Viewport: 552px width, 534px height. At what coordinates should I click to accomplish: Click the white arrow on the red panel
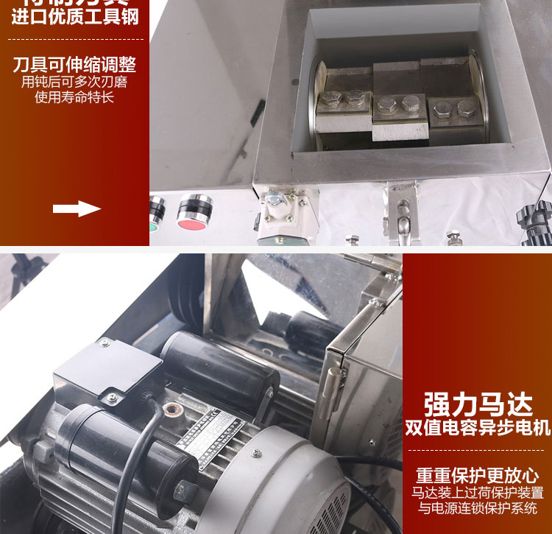[77, 208]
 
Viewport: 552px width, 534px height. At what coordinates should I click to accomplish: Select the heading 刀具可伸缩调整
[75, 64]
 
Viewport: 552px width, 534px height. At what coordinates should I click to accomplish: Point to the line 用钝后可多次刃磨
[75, 81]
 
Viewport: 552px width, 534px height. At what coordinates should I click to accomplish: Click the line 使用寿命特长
[75, 96]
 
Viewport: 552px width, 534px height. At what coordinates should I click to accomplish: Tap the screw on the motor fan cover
[183, 486]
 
